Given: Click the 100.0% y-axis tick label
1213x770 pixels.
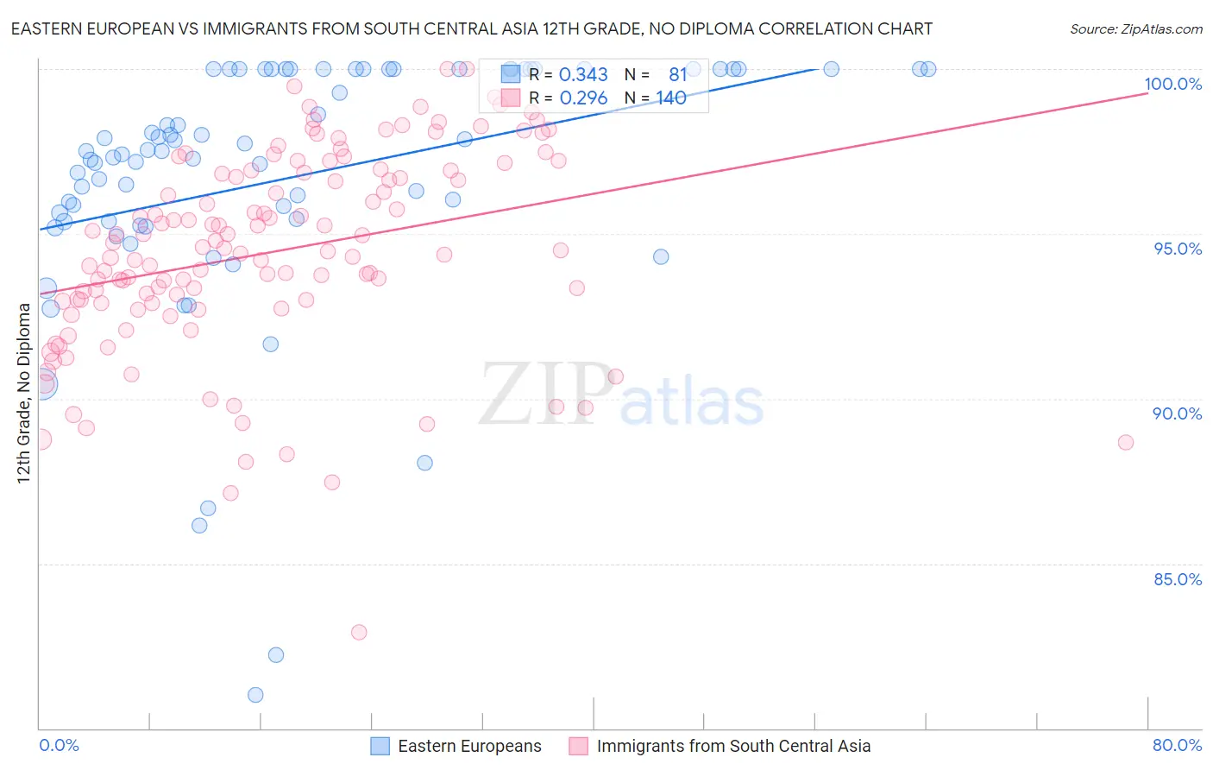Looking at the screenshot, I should pos(1172,84).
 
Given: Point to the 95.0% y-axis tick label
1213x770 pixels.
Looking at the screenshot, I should pos(1178,249).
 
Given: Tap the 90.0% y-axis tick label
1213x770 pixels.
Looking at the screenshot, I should pos(1177,413).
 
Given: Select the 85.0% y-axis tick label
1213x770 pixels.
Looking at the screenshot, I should pos(1178,579).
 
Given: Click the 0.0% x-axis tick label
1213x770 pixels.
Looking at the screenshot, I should pos(59,745).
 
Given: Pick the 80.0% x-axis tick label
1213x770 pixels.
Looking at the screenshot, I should pos(1177,745).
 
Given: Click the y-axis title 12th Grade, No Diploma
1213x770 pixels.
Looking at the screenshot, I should pos(23,393).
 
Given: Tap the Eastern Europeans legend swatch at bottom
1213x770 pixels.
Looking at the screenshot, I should pos(381,746).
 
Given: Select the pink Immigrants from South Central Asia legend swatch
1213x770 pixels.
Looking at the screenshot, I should pos(578,746).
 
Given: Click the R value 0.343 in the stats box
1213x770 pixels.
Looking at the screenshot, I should pos(583,75).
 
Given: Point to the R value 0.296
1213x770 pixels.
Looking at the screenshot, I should pos(583,98).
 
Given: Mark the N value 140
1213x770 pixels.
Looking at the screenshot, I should pos(670,98).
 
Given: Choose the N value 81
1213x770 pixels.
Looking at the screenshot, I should pos(677,75).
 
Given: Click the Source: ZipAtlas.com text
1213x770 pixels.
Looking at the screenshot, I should pos(1135,29).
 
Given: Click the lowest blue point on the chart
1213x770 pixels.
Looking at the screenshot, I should pos(255,695).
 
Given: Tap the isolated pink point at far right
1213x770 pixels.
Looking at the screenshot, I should pos(1125,442).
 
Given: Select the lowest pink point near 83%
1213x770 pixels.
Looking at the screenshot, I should pos(359,632).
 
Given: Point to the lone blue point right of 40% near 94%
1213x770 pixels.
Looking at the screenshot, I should pos(661,256).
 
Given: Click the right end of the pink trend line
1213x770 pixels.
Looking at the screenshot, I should pos(1147,92).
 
